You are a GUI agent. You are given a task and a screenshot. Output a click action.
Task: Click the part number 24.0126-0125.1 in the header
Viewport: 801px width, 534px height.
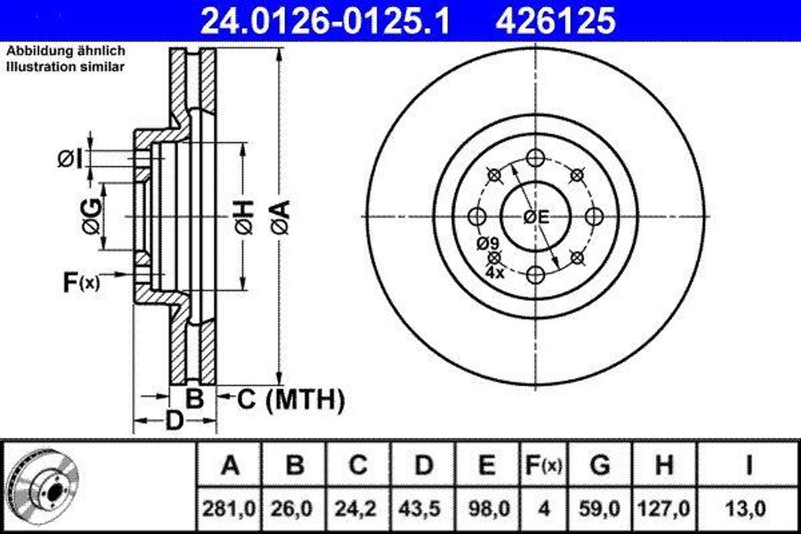(325, 21)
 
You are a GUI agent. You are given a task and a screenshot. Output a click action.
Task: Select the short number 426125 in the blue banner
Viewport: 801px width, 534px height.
(555, 21)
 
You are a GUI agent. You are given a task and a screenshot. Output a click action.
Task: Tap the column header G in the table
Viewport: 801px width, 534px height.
(599, 466)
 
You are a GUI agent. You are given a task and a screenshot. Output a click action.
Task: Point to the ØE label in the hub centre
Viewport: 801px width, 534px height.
(537, 217)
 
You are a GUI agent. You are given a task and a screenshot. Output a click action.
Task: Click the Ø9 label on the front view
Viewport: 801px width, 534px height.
(487, 243)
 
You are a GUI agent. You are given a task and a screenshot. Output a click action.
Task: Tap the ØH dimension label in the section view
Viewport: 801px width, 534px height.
(243, 217)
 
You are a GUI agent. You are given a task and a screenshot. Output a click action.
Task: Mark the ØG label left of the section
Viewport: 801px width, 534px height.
(91, 217)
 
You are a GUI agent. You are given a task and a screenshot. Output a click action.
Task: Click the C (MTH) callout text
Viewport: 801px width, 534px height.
(290, 400)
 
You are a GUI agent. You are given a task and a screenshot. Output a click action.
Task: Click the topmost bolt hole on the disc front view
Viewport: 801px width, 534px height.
(535, 157)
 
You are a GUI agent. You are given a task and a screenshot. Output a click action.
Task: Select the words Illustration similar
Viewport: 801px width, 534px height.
(66, 67)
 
